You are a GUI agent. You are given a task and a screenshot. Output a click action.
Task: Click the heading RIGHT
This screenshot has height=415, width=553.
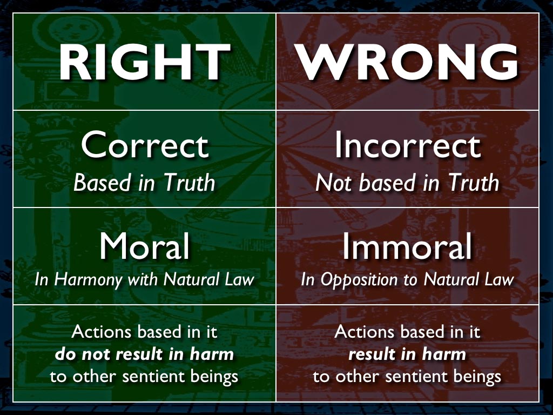pos(145,63)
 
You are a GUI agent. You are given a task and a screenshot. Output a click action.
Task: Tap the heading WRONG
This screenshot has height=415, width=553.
pos(408,63)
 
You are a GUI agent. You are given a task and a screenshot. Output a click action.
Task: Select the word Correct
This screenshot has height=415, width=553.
pos(145,145)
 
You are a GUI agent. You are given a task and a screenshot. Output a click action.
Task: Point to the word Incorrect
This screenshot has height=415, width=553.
pos(408,145)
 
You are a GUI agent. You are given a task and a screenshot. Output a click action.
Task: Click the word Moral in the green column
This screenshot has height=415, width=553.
pos(145,246)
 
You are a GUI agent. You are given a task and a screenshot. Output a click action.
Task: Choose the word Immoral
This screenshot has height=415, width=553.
pos(407,246)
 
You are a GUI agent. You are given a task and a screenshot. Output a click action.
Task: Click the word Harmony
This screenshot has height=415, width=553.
pos(88,280)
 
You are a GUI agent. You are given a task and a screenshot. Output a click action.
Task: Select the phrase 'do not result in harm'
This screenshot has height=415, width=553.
pos(145,354)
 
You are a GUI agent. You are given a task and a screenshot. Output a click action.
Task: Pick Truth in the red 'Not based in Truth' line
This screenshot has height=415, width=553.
pos(474,183)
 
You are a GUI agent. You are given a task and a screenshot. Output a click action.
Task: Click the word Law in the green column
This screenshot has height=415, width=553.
pos(240,279)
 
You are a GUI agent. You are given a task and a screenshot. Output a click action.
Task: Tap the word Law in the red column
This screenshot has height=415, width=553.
pos(500,279)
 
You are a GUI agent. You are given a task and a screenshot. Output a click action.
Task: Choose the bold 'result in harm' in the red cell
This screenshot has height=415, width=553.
pos(407,354)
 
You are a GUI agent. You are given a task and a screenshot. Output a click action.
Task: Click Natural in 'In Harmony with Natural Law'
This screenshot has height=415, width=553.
pos(192,279)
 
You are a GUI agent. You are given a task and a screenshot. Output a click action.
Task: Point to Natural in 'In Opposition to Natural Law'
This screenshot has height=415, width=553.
pos(451,279)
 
